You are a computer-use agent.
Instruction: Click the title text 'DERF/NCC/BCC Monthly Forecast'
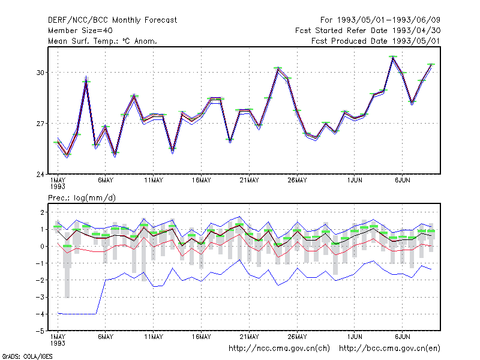pyautogui.click(x=112, y=20)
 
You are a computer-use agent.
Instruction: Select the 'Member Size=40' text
pyautogui.click(x=80, y=31)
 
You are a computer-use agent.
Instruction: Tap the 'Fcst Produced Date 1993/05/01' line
pyautogui.click(x=376, y=41)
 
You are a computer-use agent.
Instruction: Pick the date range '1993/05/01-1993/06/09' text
pyautogui.click(x=389, y=20)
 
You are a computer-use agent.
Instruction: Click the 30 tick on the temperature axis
pyautogui.click(x=40, y=73)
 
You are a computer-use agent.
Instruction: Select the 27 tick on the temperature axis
pyautogui.click(x=40, y=124)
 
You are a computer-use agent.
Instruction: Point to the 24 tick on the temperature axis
pyautogui.click(x=40, y=175)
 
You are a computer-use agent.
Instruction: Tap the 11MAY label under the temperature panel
pyautogui.click(x=154, y=181)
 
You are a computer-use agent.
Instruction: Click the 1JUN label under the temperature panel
pyautogui.click(x=355, y=181)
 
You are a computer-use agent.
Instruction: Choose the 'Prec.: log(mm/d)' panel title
pyautogui.click(x=82, y=198)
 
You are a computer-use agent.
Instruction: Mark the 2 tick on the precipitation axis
pyautogui.click(x=42, y=212)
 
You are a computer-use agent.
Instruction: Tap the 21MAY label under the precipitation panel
pyautogui.click(x=249, y=337)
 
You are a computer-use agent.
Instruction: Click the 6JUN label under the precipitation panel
pyautogui.click(x=402, y=337)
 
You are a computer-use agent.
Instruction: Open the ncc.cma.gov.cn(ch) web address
pyautogui.click(x=279, y=349)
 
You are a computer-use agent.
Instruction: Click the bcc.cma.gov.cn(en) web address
pyautogui.click(x=389, y=349)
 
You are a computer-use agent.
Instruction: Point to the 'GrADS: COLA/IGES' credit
pyautogui.click(x=27, y=356)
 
